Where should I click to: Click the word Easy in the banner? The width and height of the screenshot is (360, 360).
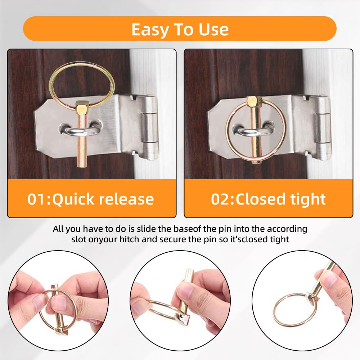[x=150, y=30]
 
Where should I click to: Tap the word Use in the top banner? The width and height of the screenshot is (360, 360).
[x=214, y=30]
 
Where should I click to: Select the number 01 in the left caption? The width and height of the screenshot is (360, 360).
[x=36, y=199]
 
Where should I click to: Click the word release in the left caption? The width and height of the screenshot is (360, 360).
[x=126, y=199]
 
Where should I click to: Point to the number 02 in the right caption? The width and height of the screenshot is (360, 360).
[x=220, y=199]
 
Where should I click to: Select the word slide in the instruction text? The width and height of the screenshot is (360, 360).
[x=145, y=229]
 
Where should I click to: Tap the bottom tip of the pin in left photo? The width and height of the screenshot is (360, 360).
[x=82, y=166]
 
